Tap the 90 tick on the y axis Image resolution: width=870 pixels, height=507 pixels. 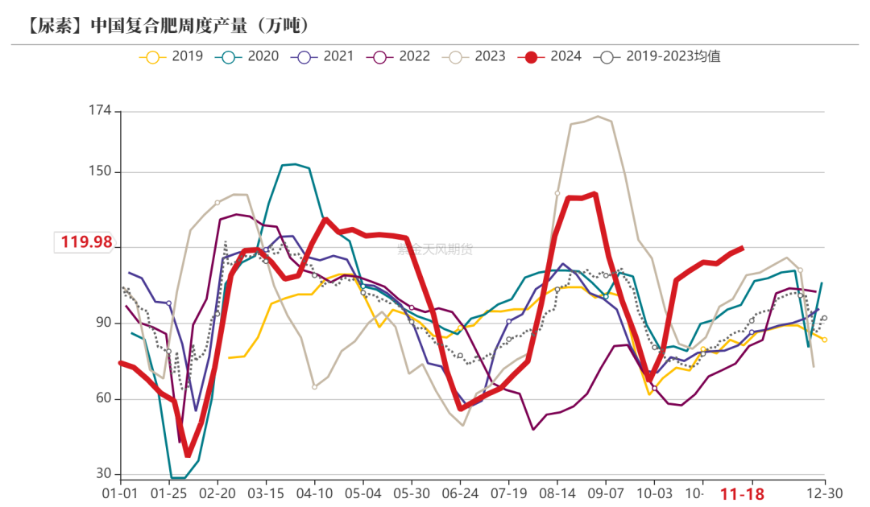tap(103, 323)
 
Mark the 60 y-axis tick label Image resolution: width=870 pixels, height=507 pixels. tap(103, 399)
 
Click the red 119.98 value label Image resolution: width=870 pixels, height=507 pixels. tap(85, 241)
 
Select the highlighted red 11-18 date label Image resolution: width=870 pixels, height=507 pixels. tap(741, 493)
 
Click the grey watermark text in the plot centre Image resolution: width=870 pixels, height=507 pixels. tap(435, 249)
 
